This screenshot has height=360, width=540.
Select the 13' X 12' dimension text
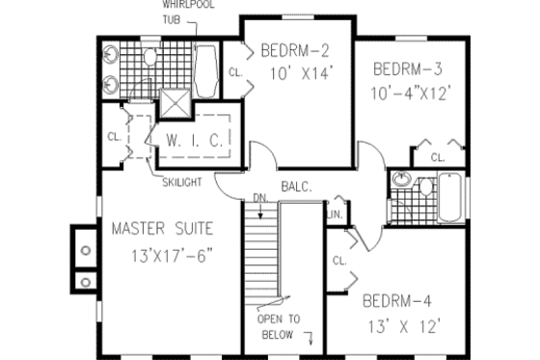point(403,328)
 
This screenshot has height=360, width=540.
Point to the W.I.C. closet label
point(195,140)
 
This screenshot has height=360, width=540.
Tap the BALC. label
point(296,186)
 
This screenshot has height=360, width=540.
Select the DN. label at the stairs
point(257,200)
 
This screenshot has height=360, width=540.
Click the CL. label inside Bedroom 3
point(437,156)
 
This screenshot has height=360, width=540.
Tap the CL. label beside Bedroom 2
point(234,71)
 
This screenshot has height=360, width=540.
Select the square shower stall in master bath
point(175,102)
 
